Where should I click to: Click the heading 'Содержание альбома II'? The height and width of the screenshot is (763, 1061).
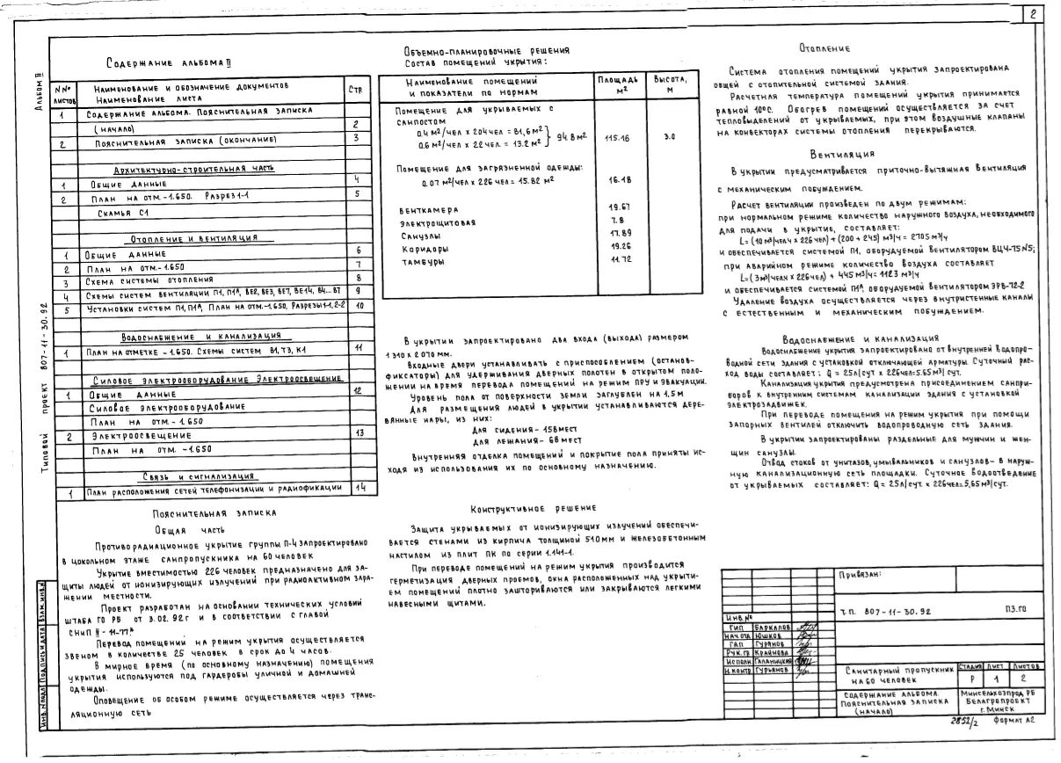[x=164, y=63]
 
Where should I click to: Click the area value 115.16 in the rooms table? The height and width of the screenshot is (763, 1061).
[x=618, y=138]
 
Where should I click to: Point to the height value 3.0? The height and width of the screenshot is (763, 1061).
[x=670, y=138]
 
